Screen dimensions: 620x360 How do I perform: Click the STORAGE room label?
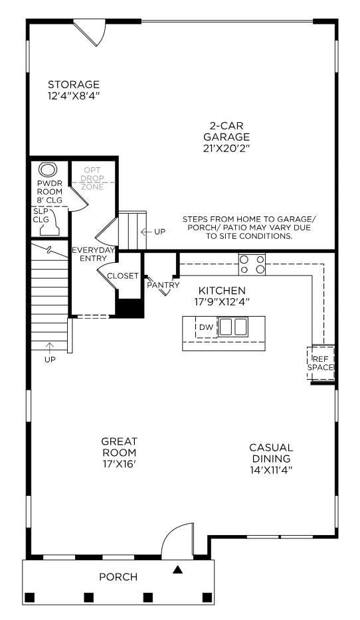click(x=73, y=84)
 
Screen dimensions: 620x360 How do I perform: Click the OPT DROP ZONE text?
click(x=92, y=179)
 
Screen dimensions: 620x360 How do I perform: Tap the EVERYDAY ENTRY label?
click(x=94, y=254)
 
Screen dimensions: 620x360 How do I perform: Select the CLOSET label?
click(x=123, y=276)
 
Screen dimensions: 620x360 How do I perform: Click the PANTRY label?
click(x=163, y=285)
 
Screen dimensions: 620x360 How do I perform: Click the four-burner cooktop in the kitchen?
click(x=252, y=264)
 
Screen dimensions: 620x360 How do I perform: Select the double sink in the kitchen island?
click(x=233, y=327)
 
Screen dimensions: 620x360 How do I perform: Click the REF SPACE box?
click(x=321, y=362)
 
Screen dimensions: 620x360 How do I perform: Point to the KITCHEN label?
click(x=222, y=291)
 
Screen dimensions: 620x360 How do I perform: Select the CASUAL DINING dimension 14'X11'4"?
click(x=270, y=469)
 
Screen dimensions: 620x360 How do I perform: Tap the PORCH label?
click(x=118, y=577)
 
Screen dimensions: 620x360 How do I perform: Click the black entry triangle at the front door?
click(x=177, y=569)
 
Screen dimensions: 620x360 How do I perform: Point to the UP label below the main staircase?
click(x=50, y=359)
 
